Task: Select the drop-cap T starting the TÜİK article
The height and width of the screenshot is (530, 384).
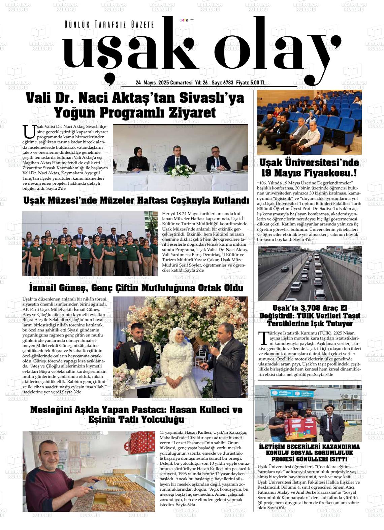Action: [x=262, y=338]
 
